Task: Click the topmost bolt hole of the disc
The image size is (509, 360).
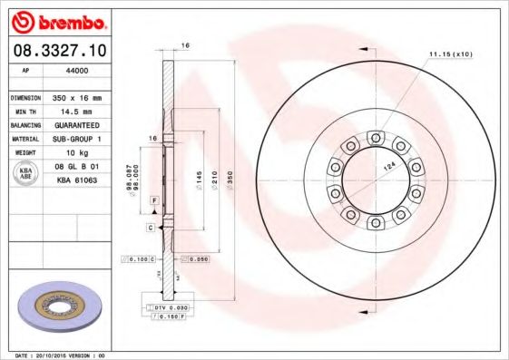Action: (374, 137)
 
